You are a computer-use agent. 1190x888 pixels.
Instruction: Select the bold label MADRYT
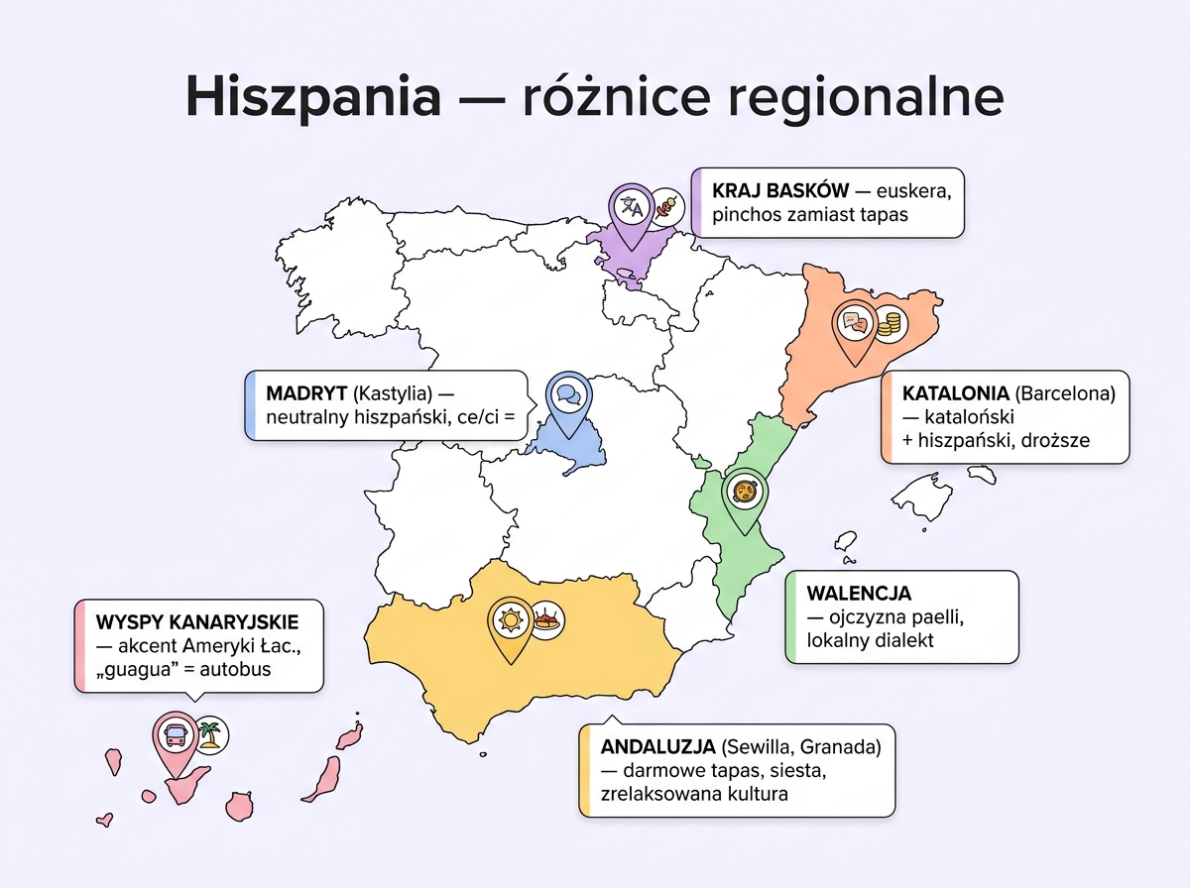point(305,392)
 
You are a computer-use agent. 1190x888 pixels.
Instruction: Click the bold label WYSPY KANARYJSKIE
point(196,621)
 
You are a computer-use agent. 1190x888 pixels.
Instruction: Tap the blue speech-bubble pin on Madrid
point(567,395)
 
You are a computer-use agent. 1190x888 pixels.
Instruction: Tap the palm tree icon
point(211,734)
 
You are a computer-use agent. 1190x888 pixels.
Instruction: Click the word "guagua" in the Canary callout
point(134,670)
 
